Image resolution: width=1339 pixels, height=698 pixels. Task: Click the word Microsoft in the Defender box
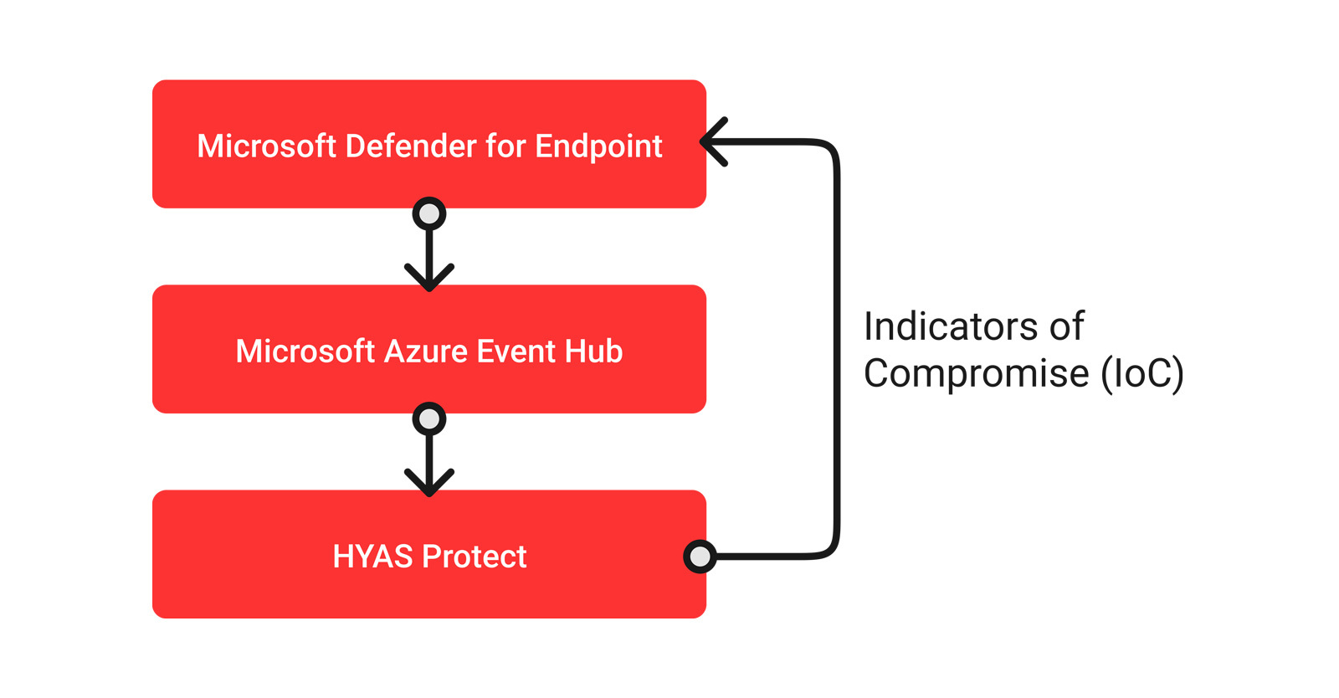(267, 146)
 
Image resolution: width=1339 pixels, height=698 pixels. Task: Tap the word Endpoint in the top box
(598, 147)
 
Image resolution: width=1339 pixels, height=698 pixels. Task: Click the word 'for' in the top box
(505, 146)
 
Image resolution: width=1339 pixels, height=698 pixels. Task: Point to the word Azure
(426, 352)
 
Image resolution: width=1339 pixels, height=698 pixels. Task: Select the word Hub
(593, 352)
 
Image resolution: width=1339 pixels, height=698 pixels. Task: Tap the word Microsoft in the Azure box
(305, 352)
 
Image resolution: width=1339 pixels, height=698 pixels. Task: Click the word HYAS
(373, 557)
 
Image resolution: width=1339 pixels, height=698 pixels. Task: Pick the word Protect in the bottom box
(474, 557)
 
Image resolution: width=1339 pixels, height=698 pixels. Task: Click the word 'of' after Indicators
(1066, 326)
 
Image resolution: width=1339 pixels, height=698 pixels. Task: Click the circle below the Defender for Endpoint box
(429, 213)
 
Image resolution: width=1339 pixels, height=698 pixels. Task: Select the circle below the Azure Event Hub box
(429, 419)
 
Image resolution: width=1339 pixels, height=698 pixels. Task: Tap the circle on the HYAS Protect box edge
(700, 557)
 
